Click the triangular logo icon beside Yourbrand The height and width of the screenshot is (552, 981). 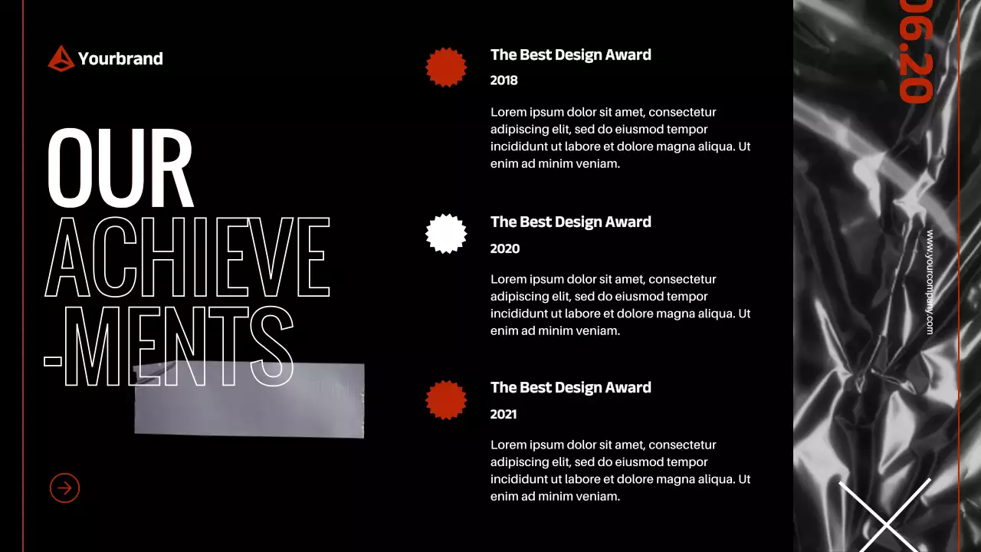point(61,58)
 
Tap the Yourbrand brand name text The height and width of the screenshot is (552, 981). point(120,58)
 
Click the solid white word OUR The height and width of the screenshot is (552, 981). point(120,168)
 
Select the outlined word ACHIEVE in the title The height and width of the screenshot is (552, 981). point(188,258)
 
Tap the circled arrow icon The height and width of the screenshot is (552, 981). point(64,488)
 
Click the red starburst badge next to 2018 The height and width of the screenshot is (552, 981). point(446,67)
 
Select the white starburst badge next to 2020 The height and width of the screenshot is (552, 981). point(446,234)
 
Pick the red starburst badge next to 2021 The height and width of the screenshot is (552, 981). point(446,399)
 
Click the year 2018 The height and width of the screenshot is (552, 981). point(504,80)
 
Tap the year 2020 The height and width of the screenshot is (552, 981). point(505,248)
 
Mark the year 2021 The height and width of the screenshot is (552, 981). point(504,414)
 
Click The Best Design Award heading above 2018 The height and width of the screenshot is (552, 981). point(571,54)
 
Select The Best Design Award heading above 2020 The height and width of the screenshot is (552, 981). point(571,222)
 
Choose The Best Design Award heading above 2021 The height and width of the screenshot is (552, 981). point(571,387)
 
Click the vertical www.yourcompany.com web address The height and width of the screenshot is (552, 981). point(930,282)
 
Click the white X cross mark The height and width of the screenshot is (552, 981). point(886,521)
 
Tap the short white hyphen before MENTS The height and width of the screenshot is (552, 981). point(53,360)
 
